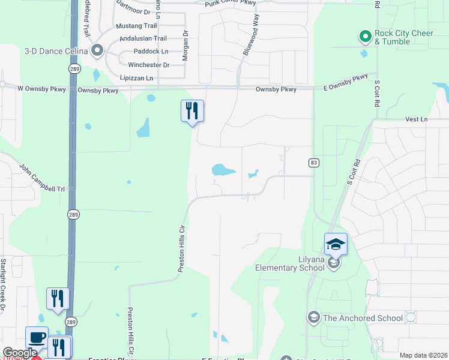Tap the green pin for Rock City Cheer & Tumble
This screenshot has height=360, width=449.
tap(364, 37)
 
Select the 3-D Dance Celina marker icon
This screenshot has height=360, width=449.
tap(97, 50)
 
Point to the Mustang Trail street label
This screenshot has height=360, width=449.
tap(136, 26)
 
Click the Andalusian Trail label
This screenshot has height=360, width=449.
tap(143, 38)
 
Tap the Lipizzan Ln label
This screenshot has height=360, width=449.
tap(136, 78)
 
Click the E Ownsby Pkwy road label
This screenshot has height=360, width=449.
tap(345, 82)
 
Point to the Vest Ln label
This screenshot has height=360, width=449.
tap(415, 119)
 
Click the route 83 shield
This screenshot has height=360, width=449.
tap(313, 163)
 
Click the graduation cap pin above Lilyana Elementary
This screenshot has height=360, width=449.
tap(336, 244)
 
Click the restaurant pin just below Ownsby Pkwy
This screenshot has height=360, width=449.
tap(192, 111)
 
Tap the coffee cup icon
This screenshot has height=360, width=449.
tap(37, 337)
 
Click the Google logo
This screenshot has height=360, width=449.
tap(20, 353)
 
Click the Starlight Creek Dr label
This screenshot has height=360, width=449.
tap(4, 284)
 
